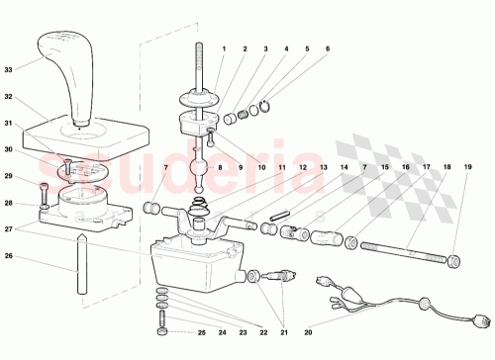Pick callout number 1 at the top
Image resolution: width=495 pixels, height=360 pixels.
(224, 48)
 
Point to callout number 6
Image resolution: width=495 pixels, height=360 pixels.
(327, 48)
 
